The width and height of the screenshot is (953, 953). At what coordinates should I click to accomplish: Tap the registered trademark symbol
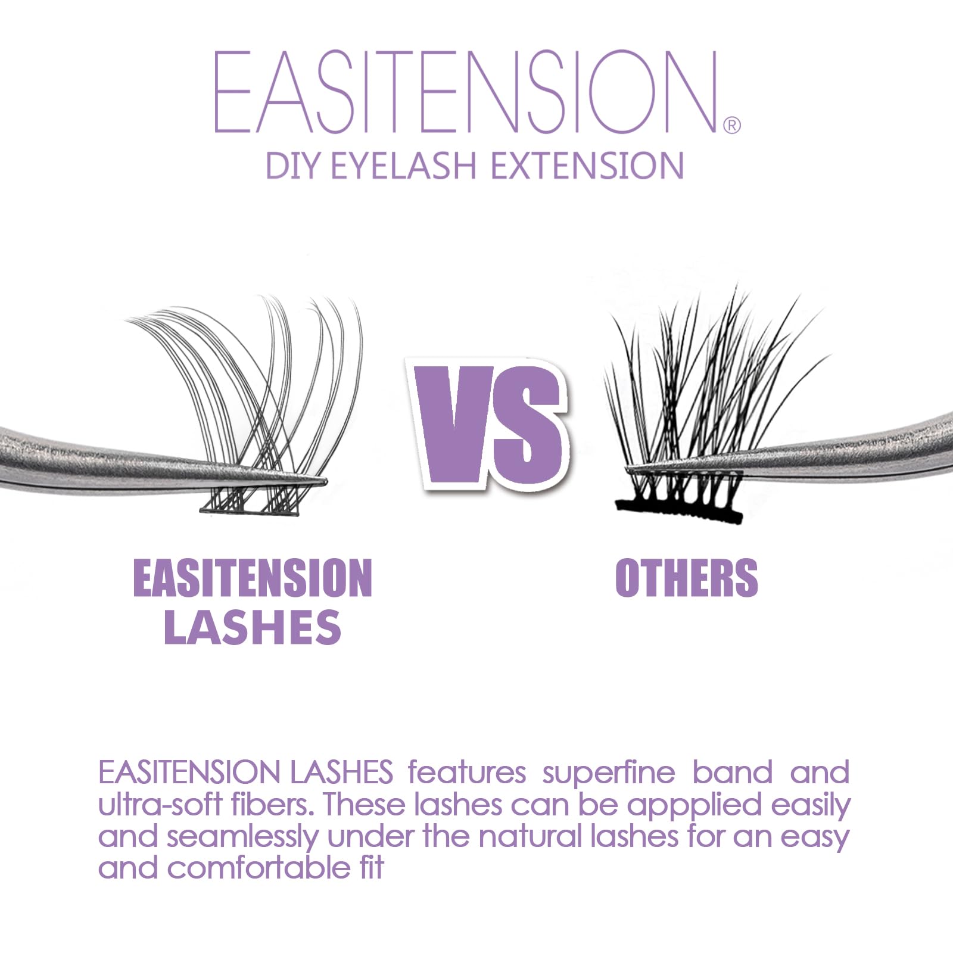pos(731,125)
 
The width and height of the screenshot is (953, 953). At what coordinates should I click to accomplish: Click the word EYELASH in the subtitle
pos(404,166)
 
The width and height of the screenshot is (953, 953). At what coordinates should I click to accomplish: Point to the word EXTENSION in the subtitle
pos(587,166)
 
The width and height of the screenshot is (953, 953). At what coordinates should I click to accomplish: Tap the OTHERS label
pos(686,577)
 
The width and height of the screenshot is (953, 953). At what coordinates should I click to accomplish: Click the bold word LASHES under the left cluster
pos(253,627)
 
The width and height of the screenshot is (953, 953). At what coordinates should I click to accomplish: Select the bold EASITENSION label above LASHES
pos(253,577)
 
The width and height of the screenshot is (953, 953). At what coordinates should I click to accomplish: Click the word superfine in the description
pos(608,773)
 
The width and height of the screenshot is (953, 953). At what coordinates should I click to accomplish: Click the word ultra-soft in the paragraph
pos(160,805)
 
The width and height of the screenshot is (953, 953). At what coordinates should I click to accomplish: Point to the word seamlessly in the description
pos(242,837)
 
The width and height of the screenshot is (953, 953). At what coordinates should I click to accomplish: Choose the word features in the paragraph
pos(466,773)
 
